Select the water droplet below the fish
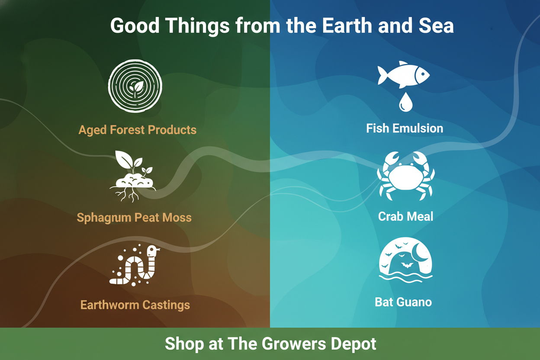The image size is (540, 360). click(x=405, y=102)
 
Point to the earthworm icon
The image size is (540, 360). click(x=134, y=266)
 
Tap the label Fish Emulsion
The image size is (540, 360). click(x=405, y=129)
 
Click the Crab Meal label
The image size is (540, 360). click(x=405, y=216)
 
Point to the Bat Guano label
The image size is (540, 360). click(x=403, y=302)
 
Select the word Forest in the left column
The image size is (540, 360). click(x=129, y=130)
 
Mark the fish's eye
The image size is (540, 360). click(x=418, y=73)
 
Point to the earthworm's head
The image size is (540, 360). click(x=152, y=251)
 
